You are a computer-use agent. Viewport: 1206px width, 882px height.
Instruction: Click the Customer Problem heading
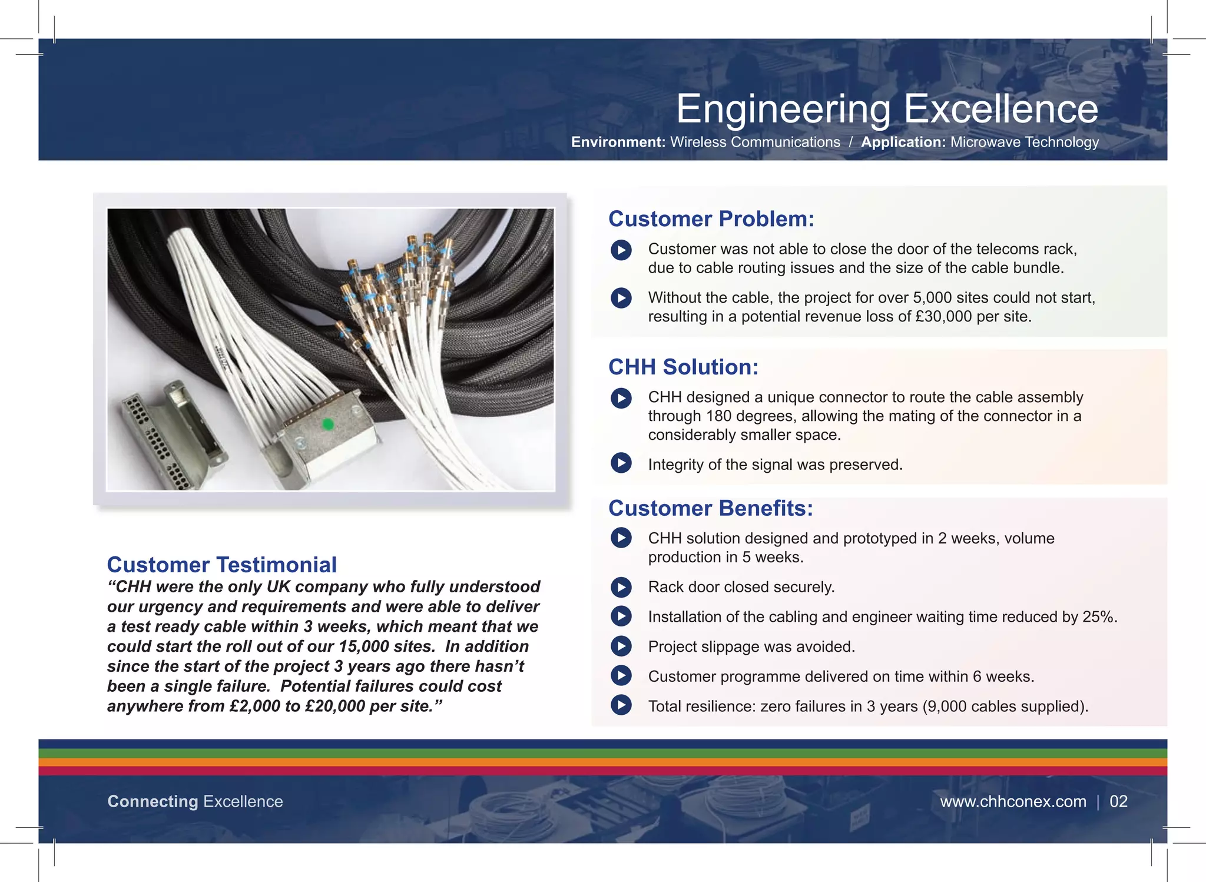[x=711, y=219]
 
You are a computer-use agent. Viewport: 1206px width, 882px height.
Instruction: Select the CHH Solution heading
[x=683, y=367]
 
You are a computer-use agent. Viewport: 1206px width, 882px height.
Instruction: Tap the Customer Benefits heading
[x=710, y=508]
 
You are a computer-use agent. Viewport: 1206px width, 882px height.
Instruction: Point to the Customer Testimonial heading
[x=221, y=565]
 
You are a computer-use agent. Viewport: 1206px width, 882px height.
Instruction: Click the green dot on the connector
[x=329, y=424]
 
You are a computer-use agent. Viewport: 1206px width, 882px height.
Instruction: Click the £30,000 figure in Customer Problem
[x=943, y=317]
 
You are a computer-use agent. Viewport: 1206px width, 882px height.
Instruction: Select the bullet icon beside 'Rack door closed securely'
[x=621, y=587]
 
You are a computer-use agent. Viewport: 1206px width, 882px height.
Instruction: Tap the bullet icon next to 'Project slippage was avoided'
[x=621, y=646]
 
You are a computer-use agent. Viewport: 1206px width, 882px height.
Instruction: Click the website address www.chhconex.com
[x=1013, y=801]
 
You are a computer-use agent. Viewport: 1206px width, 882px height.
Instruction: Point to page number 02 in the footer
[x=1118, y=801]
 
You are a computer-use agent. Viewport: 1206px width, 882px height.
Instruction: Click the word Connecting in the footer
[x=153, y=801]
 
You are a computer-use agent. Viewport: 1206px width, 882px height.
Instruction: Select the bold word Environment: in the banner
[x=618, y=142]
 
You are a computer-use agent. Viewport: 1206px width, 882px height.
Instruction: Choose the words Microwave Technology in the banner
[x=1024, y=142]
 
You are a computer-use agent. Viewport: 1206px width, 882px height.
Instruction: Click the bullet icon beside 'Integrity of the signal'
[x=621, y=463]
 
